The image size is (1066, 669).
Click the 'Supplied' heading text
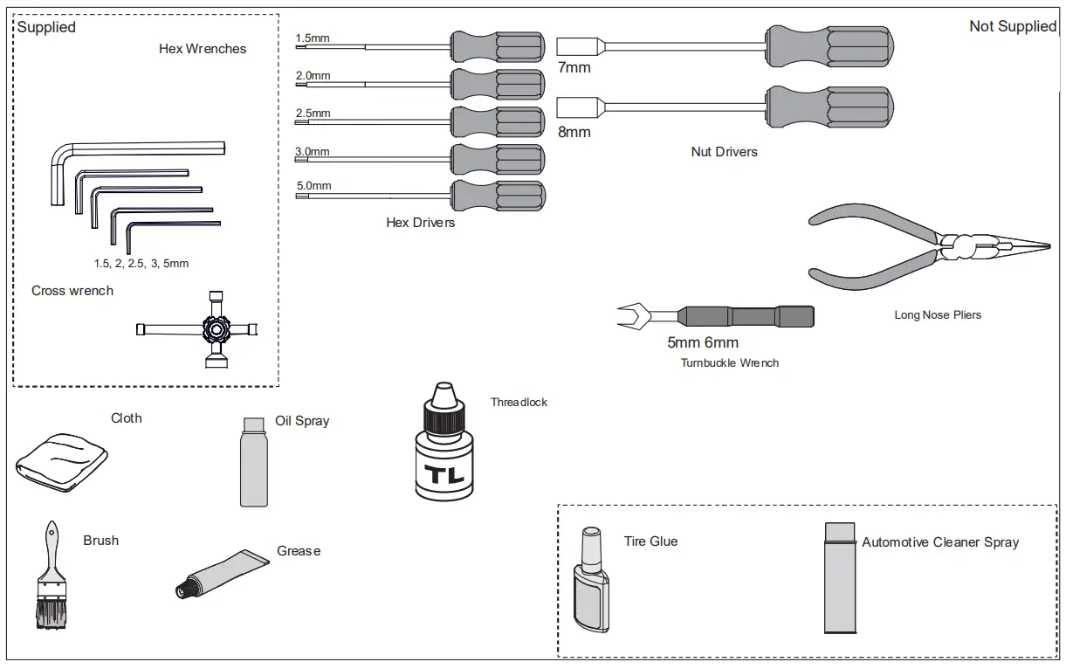(46, 27)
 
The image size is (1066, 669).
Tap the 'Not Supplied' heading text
(1013, 26)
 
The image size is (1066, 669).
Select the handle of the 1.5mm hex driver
(498, 46)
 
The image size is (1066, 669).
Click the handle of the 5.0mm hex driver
(498, 196)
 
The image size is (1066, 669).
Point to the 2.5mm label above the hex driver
(313, 114)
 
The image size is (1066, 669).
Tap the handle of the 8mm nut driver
(829, 107)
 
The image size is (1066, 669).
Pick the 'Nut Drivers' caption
(724, 152)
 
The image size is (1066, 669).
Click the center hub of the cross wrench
(217, 329)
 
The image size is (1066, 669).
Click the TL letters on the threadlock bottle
(444, 474)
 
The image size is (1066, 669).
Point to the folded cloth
(62, 462)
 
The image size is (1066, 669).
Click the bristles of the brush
(52, 614)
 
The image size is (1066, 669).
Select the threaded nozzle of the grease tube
(183, 589)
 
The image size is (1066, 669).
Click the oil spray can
(254, 462)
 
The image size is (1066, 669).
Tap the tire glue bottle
(591, 580)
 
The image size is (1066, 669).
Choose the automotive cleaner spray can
(840, 578)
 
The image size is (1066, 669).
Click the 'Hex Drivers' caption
(420, 223)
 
